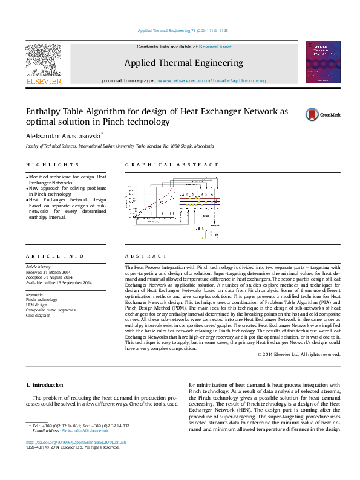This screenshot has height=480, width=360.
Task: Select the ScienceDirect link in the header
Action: pyautogui.click(x=215, y=47)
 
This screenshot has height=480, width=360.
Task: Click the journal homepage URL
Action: pyautogui.click(x=212, y=80)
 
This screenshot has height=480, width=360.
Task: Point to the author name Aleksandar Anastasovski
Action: pyautogui.click(x=63, y=137)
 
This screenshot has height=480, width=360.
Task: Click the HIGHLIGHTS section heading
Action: pyautogui.click(x=52, y=164)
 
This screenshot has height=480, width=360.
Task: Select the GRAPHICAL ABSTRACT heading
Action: pyautogui.click(x=172, y=164)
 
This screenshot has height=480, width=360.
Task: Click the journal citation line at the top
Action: pyautogui.click(x=183, y=31)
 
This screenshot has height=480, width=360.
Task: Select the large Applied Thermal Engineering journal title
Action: pyautogui.click(x=184, y=63)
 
